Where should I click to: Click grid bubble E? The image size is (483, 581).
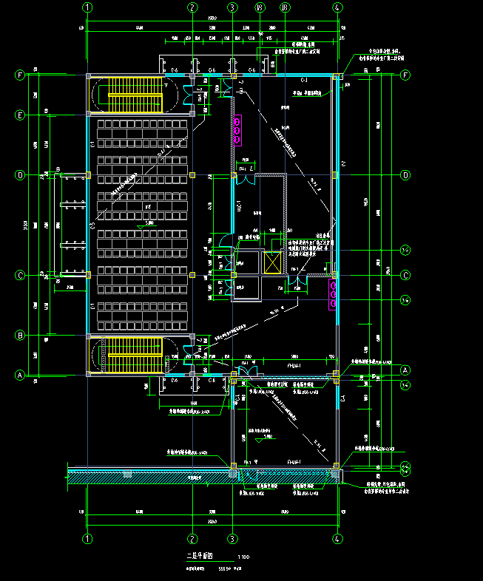pos(21,115)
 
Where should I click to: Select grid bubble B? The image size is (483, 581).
pos(21,336)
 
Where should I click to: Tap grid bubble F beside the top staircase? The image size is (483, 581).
pos(21,75)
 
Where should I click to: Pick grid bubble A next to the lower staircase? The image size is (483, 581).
pos(21,376)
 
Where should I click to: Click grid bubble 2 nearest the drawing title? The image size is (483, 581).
pos(192,539)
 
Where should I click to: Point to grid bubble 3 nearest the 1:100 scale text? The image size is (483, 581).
pos(232,539)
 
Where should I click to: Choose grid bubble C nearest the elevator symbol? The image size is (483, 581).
pos(405,275)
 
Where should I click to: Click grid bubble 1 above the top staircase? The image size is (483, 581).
pos(88,8)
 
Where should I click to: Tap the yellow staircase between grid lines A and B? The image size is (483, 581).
pos(135,356)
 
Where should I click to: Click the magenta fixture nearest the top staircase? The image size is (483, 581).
pos(237,130)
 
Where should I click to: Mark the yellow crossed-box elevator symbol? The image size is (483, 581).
pos(271,262)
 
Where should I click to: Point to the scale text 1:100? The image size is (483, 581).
pos(243,557)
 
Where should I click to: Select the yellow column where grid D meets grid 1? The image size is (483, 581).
pos(88,175)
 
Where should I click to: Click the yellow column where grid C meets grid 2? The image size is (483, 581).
pos(192,275)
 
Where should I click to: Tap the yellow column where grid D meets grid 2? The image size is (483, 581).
pos(192,175)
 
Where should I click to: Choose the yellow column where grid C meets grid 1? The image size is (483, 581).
pos(88,275)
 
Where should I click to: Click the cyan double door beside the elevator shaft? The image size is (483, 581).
pos(299,280)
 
